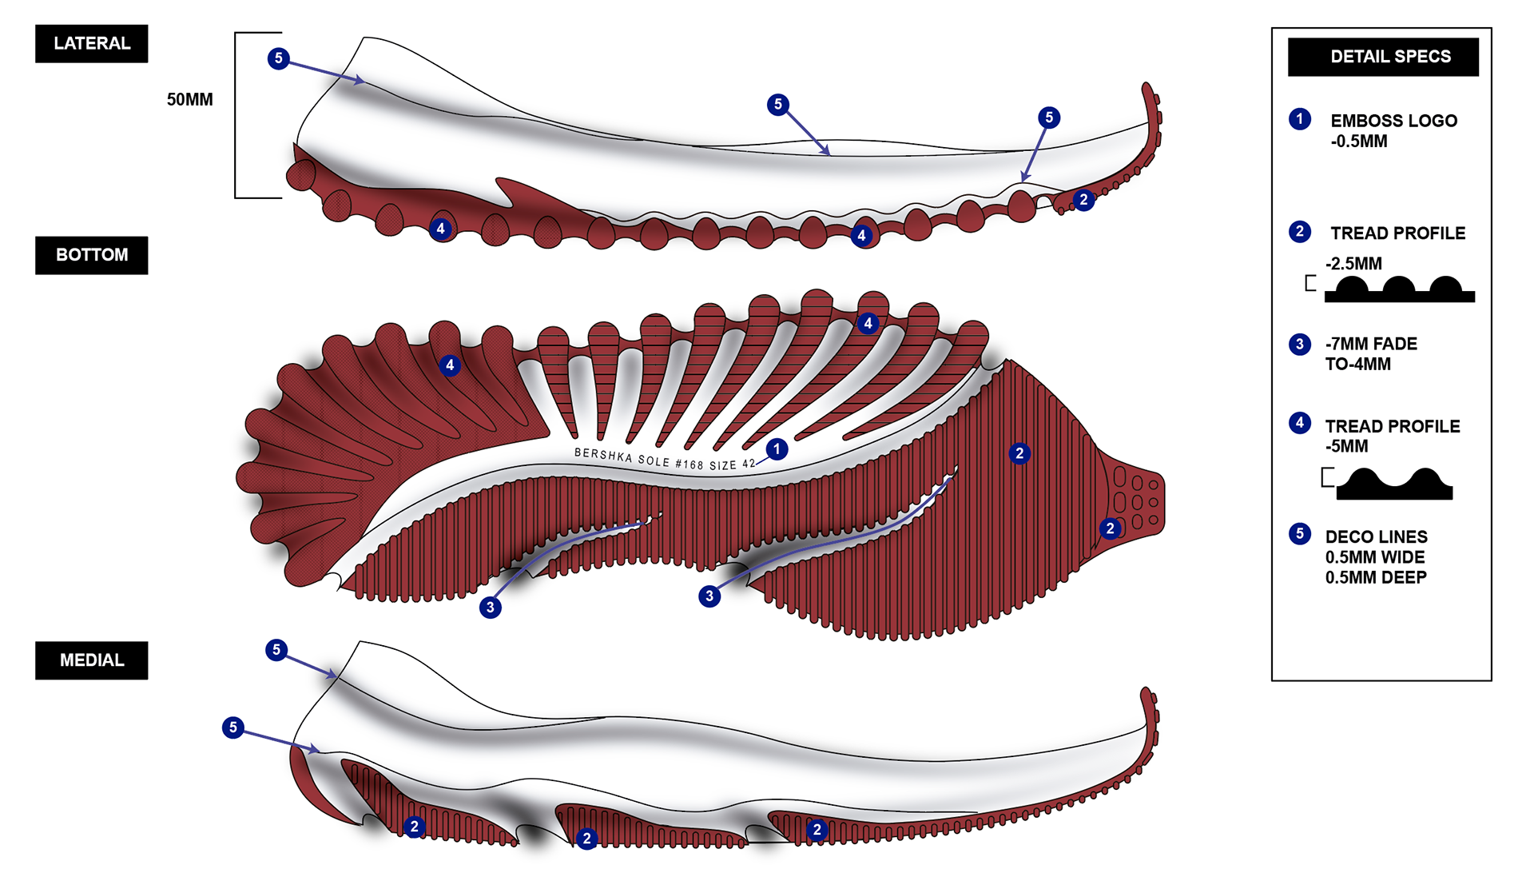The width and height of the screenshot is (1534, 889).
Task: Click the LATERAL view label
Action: (91, 43)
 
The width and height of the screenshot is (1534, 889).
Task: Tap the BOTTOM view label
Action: (91, 255)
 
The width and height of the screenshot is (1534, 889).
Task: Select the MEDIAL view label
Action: (91, 660)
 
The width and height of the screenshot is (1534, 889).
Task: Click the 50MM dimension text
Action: (189, 100)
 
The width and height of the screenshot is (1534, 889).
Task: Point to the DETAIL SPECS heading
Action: (1389, 57)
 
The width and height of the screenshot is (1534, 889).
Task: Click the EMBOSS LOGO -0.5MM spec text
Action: (1393, 131)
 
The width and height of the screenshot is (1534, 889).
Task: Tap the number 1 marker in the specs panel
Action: (1300, 119)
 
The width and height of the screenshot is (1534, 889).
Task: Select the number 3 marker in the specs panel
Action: (1300, 344)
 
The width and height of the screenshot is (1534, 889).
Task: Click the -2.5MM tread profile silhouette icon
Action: (1399, 289)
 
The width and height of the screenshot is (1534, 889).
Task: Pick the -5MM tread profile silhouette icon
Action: (1394, 484)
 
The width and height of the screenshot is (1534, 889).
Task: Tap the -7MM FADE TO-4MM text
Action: (1370, 354)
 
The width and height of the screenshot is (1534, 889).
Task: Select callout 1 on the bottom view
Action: (776, 449)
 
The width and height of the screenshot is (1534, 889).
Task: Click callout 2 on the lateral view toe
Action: (1083, 200)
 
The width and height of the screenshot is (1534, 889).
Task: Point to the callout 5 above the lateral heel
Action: (278, 58)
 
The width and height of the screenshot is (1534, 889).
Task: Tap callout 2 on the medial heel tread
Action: (414, 827)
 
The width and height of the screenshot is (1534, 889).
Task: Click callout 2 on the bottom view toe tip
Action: (1110, 528)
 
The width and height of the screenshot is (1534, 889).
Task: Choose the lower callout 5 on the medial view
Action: (232, 728)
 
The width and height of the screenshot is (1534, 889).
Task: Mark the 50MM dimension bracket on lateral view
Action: (236, 115)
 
